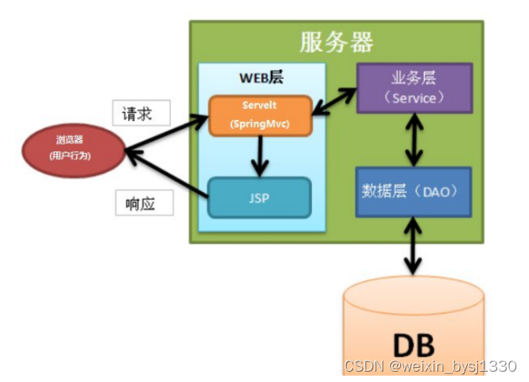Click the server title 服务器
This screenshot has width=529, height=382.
click(x=336, y=41)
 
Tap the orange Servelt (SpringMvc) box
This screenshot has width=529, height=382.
click(x=259, y=115)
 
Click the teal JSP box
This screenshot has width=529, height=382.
click(x=259, y=197)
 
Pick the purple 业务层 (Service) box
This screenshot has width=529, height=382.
click(x=414, y=88)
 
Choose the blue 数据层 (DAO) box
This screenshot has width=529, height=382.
click(x=414, y=192)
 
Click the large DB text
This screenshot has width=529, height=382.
click(x=414, y=344)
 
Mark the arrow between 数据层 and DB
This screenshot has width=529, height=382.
click(x=414, y=248)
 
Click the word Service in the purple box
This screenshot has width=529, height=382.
click(x=414, y=98)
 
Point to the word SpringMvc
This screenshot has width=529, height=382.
click(x=259, y=124)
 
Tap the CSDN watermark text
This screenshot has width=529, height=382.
click(x=430, y=365)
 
